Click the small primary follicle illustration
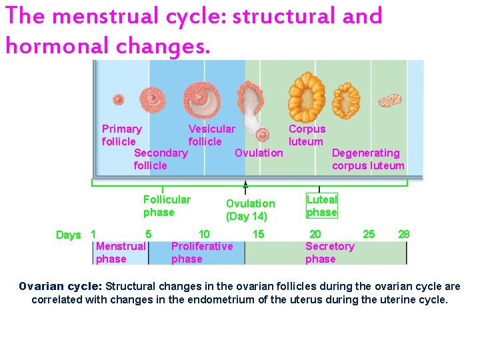tap(118, 99)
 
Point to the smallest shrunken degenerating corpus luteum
tap(389, 100)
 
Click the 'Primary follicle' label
tap(121, 135)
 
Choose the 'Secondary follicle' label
tap(161, 159)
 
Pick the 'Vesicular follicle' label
tap(211, 135)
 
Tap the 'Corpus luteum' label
tap(307, 135)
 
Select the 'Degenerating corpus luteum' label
tap(368, 159)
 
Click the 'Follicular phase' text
tap(167, 206)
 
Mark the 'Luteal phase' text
tap(322, 206)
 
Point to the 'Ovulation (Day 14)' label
tap(250, 210)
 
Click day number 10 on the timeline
tap(204, 234)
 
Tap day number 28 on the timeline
tap(403, 234)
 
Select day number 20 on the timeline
tap(315, 234)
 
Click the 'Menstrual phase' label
tap(121, 253)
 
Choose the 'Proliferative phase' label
tap(202, 253)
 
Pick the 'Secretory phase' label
tap(329, 253)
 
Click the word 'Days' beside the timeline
tap(68, 235)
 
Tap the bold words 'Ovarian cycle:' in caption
tap(60, 287)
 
